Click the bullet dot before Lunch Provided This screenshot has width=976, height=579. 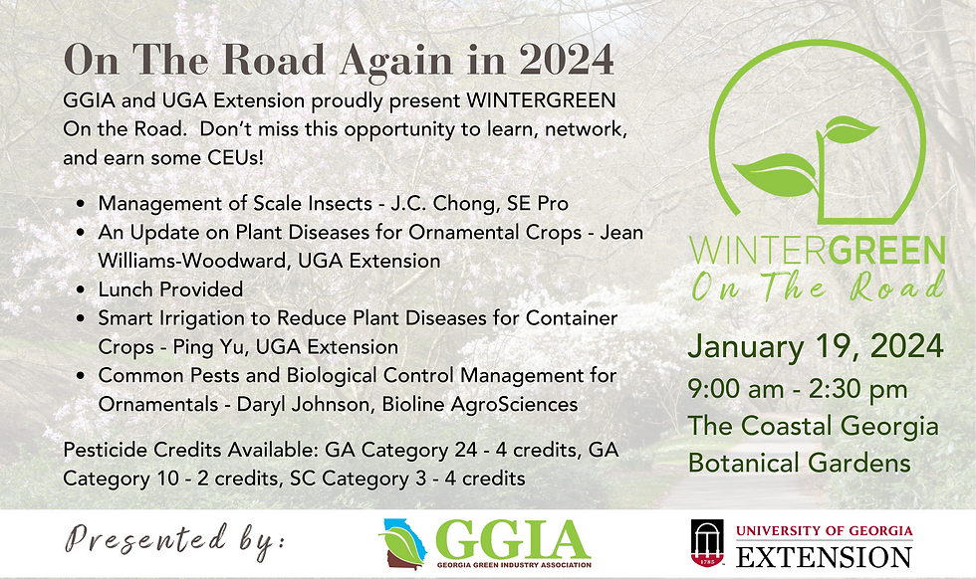81,289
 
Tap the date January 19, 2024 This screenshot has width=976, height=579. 816,346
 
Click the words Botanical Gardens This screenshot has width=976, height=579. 799,464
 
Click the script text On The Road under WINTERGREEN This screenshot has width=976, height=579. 817,288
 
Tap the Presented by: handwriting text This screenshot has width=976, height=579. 175,541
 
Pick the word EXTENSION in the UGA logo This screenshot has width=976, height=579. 824,555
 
